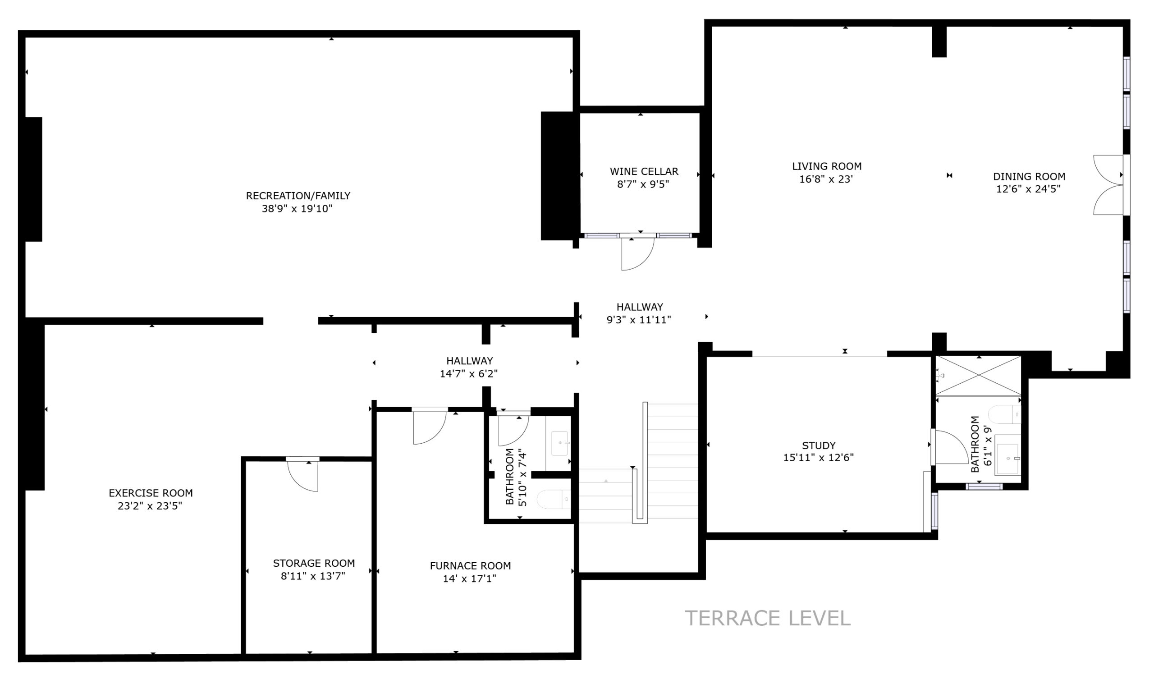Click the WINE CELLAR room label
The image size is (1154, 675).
[644, 172]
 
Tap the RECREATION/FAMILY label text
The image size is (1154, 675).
[298, 196]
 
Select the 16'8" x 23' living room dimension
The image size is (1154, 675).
[826, 179]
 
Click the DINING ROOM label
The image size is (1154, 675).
[1029, 176]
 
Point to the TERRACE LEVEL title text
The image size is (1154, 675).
[768, 618]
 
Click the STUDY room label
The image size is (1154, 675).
[819, 445]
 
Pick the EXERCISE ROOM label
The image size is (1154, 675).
[151, 493]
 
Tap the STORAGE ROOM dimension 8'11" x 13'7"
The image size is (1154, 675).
[313, 576]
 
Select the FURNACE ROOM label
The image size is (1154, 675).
[470, 566]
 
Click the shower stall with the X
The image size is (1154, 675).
[978, 376]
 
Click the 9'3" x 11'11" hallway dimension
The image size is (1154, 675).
[639, 320]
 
